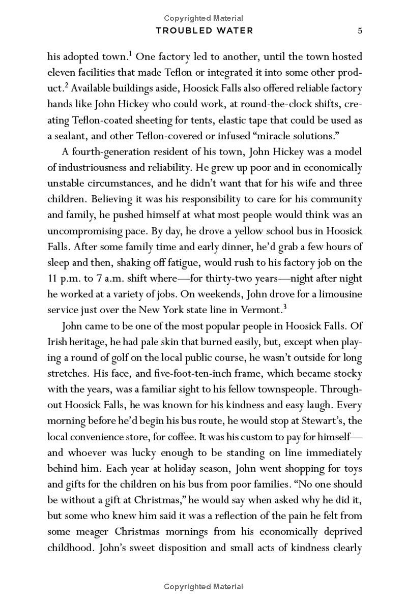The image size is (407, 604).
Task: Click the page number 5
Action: click(360, 31)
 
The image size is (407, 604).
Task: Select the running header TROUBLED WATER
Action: click(204, 31)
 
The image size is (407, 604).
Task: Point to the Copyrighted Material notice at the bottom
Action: click(203, 587)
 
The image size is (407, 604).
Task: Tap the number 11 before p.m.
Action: click(52, 278)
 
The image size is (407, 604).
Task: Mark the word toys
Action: click(352, 468)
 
